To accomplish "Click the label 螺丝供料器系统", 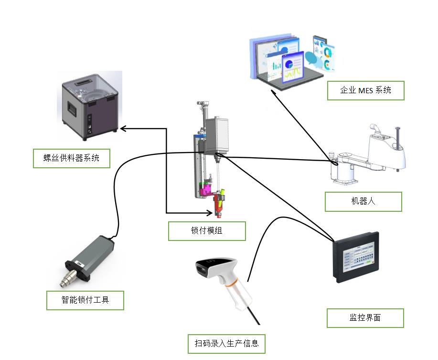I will coord(71,158).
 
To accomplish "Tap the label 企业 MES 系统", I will coord(365,90).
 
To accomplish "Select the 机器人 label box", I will coord(363,201).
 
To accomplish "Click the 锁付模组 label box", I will coord(207,231).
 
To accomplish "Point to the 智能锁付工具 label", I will coord(85,300).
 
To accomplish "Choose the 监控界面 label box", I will coord(365,318).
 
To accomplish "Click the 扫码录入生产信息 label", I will coord(226,344).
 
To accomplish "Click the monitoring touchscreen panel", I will coord(356,257).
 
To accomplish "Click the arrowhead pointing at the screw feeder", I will coord(122,128).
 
